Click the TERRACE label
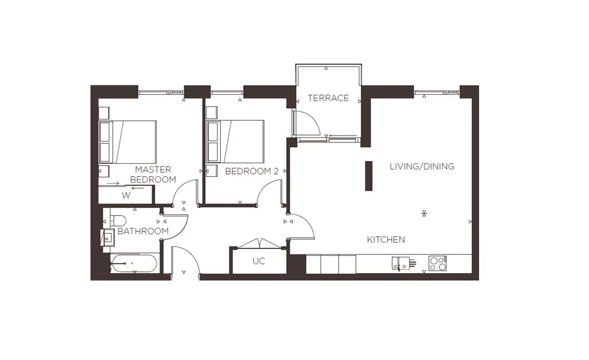click(328, 98)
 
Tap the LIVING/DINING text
click(422, 166)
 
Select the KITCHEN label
click(386, 240)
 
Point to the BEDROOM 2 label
click(252, 171)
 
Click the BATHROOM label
click(143, 231)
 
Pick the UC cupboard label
click(259, 261)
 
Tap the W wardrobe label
click(126, 195)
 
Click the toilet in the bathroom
click(118, 221)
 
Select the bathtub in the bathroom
click(134, 263)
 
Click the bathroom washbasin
click(108, 237)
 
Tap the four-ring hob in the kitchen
click(437, 263)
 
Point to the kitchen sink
click(401, 263)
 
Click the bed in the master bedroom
click(128, 142)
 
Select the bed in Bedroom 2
click(235, 141)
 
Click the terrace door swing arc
click(314, 118)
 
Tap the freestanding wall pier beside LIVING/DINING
click(369, 176)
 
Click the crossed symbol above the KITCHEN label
click(424, 213)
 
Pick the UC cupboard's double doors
click(260, 244)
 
